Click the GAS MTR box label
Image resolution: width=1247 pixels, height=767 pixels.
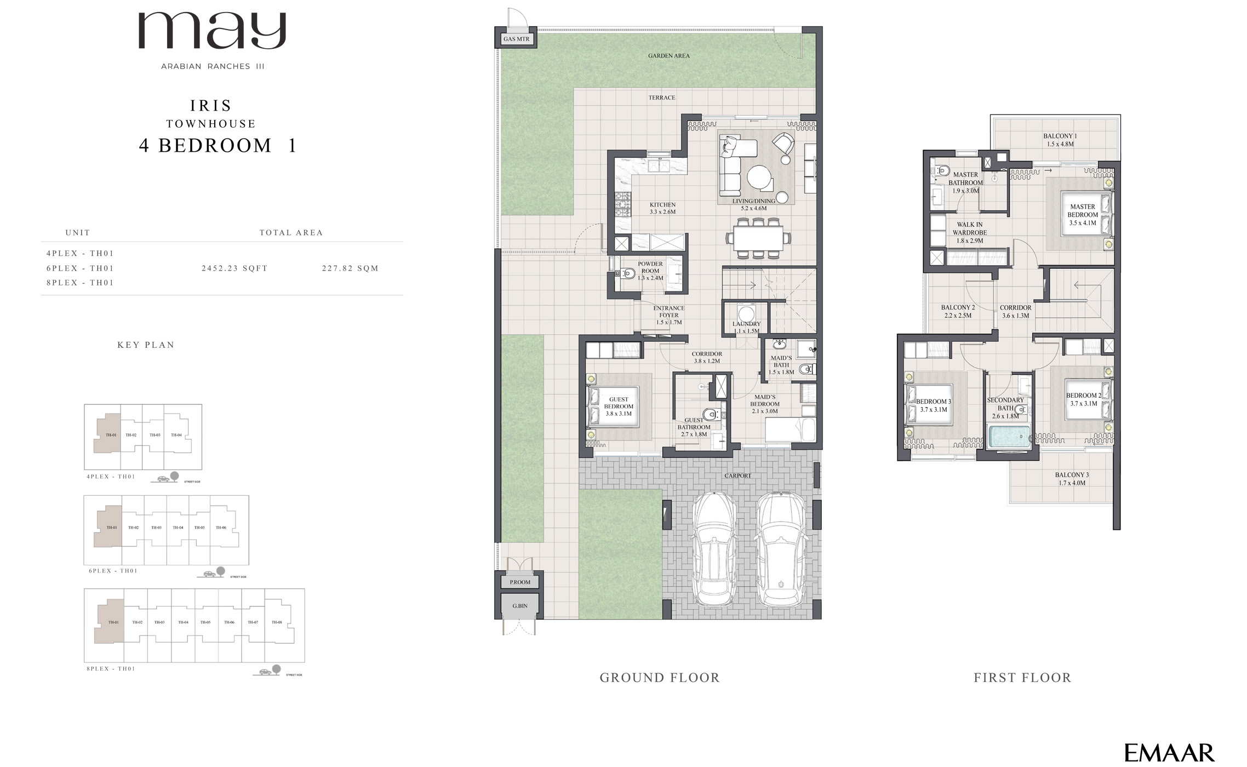click(x=516, y=39)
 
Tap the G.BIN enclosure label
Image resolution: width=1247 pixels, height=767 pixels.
click(x=520, y=606)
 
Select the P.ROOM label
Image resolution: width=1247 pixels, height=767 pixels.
click(x=520, y=582)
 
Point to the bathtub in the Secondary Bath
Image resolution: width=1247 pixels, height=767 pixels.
click(x=1009, y=437)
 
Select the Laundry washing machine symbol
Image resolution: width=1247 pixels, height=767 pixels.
click(x=746, y=314)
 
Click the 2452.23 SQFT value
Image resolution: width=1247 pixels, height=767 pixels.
click(x=234, y=268)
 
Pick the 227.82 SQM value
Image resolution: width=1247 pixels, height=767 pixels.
click(x=350, y=268)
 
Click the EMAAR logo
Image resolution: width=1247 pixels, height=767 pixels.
click(x=1169, y=753)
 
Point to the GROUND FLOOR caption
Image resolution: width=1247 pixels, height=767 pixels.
click(x=659, y=678)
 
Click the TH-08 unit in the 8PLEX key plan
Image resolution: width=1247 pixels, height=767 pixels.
click(x=277, y=622)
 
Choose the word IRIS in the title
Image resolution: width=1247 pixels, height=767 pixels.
click(x=211, y=105)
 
